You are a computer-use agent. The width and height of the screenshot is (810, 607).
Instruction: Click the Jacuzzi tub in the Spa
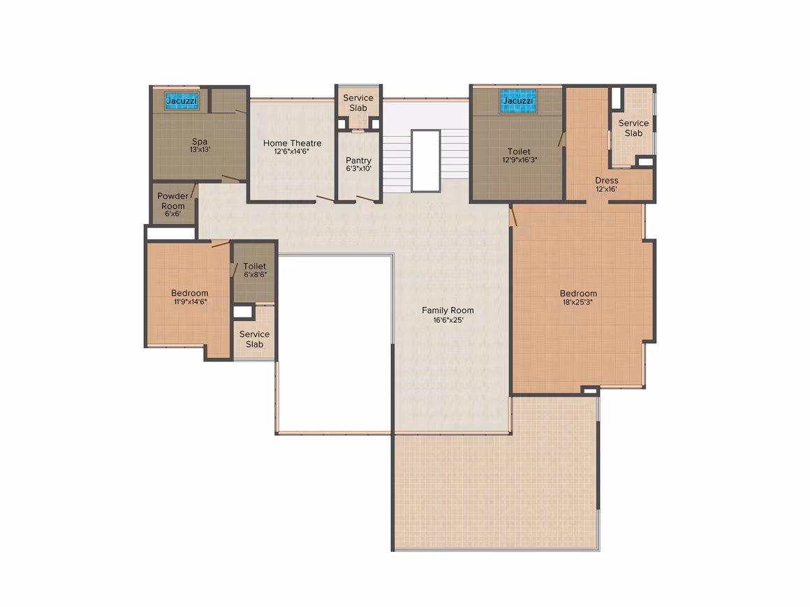(182, 100)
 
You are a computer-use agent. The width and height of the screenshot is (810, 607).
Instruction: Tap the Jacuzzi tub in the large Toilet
(517, 100)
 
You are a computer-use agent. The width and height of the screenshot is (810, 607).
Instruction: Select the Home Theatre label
(293, 143)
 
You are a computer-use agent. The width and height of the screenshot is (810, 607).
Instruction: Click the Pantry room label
(358, 160)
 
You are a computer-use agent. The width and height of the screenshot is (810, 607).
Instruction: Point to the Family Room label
(448, 310)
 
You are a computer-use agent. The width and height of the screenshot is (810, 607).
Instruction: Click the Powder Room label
(173, 201)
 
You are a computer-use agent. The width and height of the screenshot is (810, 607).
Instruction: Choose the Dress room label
(607, 180)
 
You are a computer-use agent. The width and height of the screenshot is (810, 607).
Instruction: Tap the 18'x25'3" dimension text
(577, 302)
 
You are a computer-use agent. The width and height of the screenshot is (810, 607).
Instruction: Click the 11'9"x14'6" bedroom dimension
(190, 301)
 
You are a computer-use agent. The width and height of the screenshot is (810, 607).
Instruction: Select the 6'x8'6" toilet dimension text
(255, 275)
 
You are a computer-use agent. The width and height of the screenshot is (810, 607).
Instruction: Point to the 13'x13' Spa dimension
(200, 150)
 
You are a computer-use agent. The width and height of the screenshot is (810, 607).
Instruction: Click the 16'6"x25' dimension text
(448, 320)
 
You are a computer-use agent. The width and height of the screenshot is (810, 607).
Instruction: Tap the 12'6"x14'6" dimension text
(292, 151)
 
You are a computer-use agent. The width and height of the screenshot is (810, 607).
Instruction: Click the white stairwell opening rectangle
(426, 160)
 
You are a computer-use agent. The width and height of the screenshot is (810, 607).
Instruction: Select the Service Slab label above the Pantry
(358, 103)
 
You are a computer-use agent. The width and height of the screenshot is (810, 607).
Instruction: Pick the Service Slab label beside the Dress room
(633, 128)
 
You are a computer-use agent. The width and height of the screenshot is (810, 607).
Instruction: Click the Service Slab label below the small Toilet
(254, 339)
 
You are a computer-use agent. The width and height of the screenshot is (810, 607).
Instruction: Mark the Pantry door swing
(365, 199)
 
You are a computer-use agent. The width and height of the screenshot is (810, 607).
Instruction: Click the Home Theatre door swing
(325, 199)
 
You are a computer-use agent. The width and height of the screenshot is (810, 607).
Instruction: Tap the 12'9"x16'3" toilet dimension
(520, 160)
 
